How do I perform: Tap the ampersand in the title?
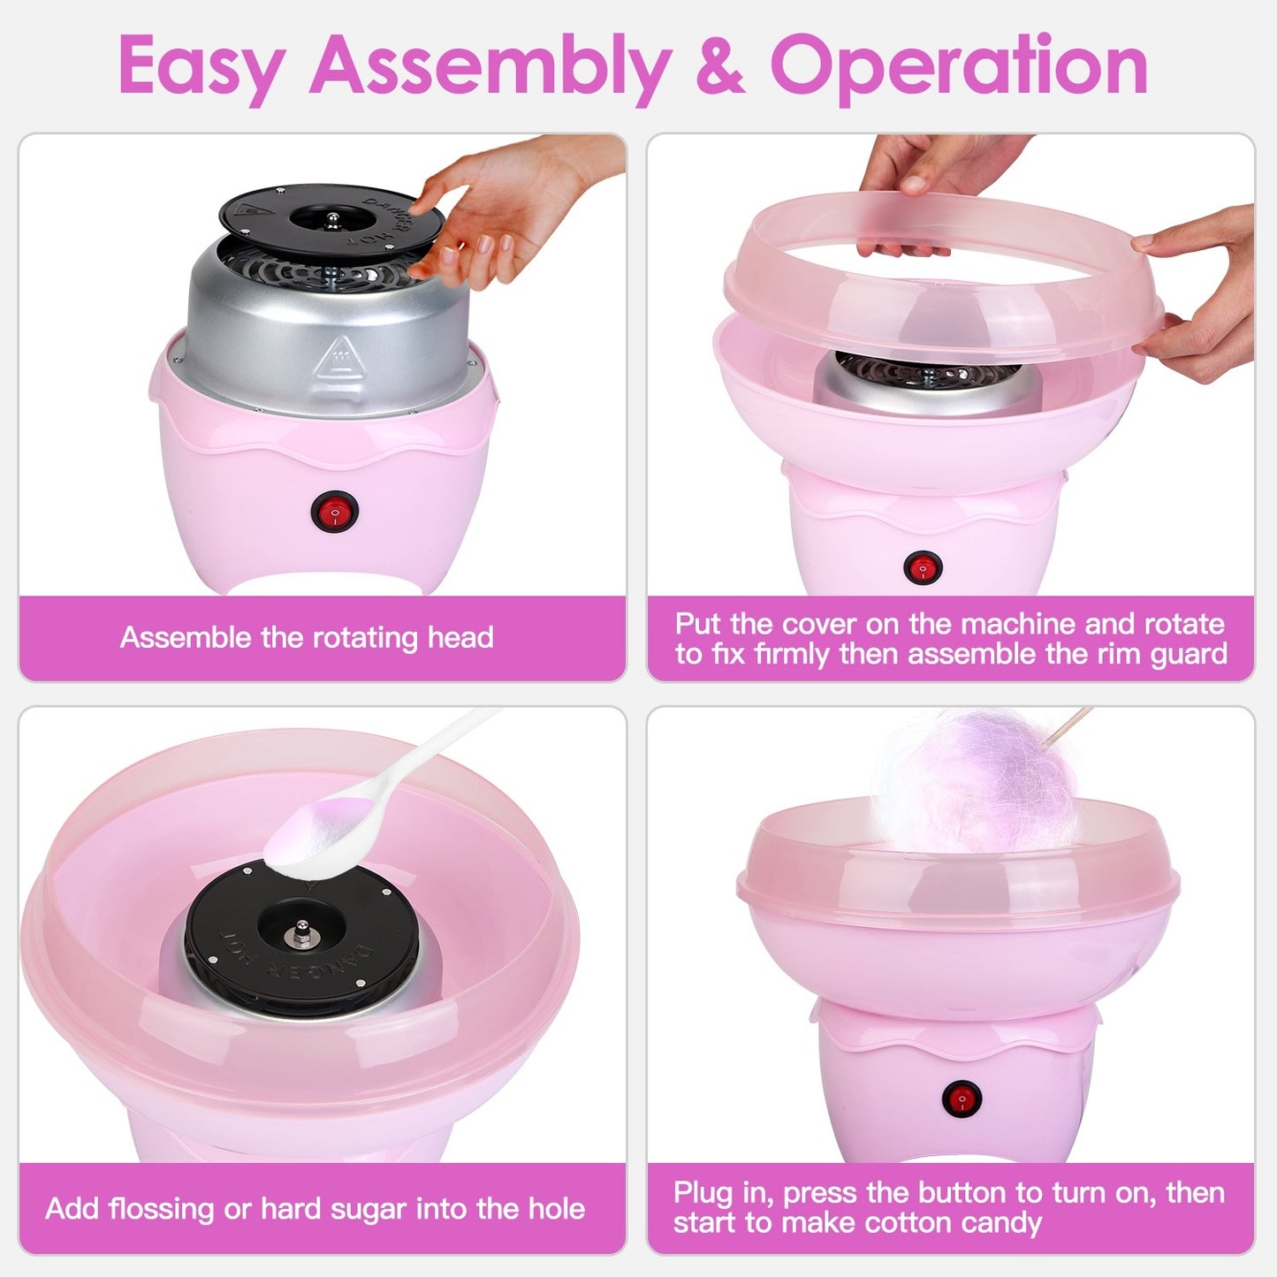point(719,66)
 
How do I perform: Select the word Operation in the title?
point(959,66)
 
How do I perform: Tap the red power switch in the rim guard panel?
point(923,567)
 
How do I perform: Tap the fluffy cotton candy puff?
point(977,782)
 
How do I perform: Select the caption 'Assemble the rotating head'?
point(307,637)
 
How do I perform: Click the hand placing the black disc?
point(504,212)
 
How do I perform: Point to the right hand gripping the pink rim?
point(1206,292)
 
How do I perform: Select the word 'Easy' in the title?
point(201,66)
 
